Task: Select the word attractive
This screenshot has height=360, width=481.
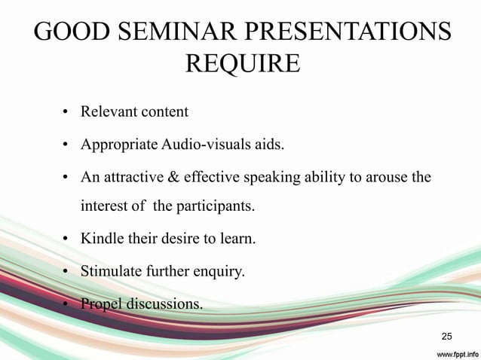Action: pyautogui.click(x=129, y=177)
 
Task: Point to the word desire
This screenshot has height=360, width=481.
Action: pyautogui.click(x=185, y=240)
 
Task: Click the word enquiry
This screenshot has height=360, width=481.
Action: pyautogui.click(x=218, y=272)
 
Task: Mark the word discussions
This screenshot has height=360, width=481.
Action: pyautogui.click(x=166, y=304)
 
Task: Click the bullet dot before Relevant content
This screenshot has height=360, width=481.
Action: pyautogui.click(x=66, y=113)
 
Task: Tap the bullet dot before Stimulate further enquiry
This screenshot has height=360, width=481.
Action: pyautogui.click(x=66, y=273)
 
